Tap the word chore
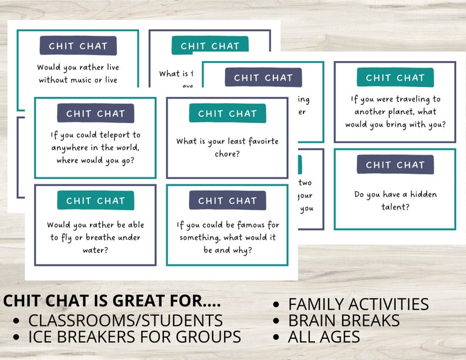[x=227, y=154]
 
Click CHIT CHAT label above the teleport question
[x=96, y=113]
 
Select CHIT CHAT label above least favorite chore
[x=227, y=113]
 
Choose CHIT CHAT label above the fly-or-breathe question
[x=96, y=200]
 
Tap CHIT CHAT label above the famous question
[x=227, y=200]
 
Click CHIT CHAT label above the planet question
[x=395, y=78]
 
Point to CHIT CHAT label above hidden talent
[x=395, y=165]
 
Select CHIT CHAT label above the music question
[x=78, y=46]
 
